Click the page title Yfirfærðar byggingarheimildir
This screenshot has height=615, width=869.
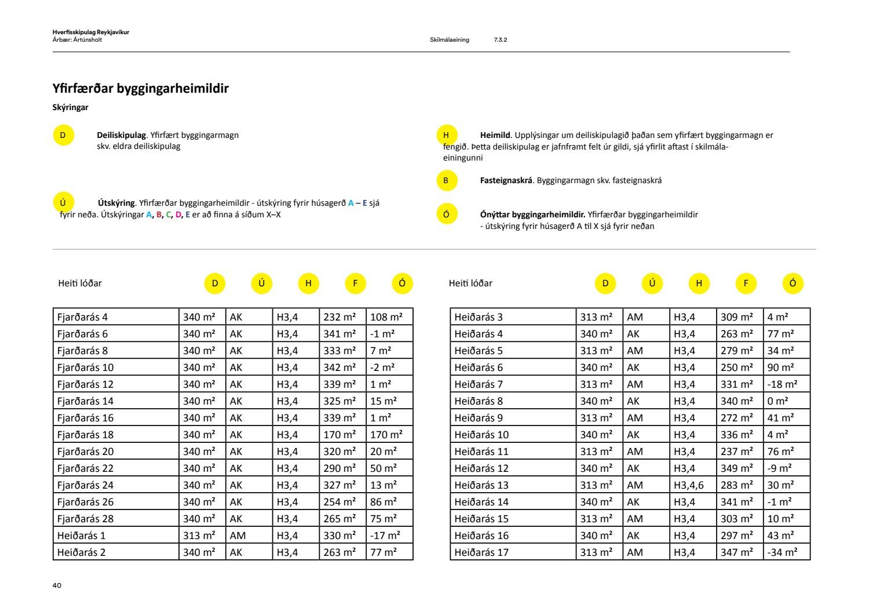pos(140,89)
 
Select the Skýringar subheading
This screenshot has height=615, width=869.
pos(70,107)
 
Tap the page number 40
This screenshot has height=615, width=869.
pos(57,585)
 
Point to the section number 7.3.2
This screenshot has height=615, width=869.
pos(501,40)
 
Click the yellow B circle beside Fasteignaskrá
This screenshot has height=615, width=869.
pos(446,180)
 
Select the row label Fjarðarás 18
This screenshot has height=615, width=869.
pos(85,435)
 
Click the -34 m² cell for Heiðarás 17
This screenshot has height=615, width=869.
pos(782,552)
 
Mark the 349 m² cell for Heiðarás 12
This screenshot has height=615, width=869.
pos(737,468)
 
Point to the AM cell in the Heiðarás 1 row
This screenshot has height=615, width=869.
pos(238,536)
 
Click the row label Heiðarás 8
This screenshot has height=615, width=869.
pos(479,401)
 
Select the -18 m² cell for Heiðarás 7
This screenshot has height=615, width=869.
pos(782,384)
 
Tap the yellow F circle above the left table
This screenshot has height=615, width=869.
pos(355,283)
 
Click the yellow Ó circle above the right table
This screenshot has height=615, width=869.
pos(793,283)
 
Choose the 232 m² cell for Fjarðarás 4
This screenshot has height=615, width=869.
pos(339,317)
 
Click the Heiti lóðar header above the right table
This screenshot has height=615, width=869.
pos(470,283)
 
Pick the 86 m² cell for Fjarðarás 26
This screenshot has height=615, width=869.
pos(384,502)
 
